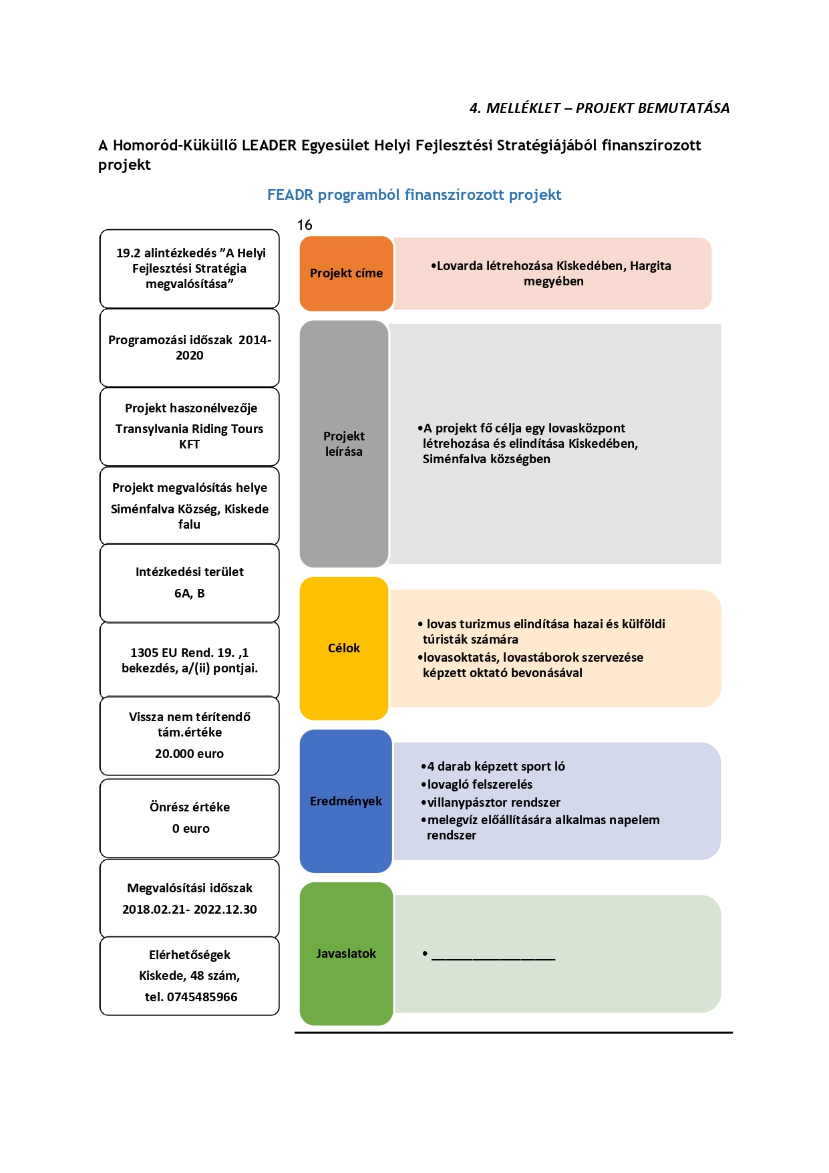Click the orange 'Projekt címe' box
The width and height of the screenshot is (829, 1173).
click(x=346, y=273)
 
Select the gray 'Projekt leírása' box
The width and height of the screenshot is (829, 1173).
click(x=344, y=444)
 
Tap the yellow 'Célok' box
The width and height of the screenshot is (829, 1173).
click(x=344, y=648)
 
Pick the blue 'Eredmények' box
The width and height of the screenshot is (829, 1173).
click(x=346, y=801)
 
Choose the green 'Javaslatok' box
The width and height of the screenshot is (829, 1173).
click(x=346, y=954)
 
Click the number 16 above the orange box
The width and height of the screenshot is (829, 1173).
click(x=305, y=225)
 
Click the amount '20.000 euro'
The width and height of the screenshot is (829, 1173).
click(x=190, y=754)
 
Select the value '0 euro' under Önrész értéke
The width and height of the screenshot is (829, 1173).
click(x=191, y=829)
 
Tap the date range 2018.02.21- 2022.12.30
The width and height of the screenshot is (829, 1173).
click(x=190, y=910)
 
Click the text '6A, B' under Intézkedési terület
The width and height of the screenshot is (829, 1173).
click(x=190, y=594)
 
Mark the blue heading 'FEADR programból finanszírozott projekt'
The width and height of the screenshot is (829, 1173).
click(x=414, y=195)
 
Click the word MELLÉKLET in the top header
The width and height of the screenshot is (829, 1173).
click(x=523, y=108)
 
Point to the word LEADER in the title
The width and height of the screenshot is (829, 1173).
click(x=269, y=146)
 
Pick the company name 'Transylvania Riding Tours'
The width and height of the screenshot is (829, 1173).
click(x=190, y=429)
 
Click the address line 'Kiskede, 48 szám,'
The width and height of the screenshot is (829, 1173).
click(x=190, y=976)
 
